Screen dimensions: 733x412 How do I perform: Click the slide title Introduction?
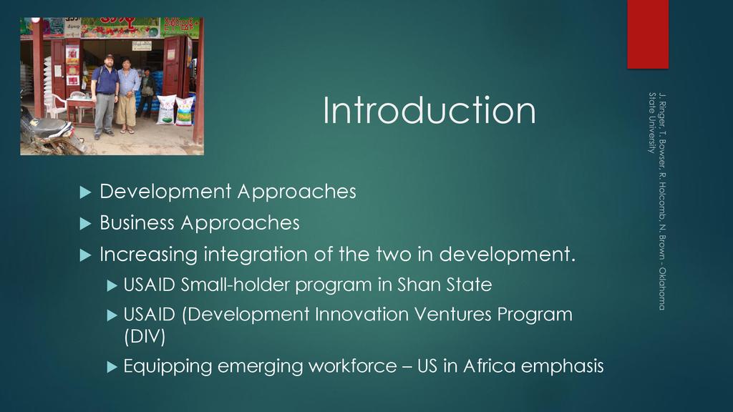pyautogui.click(x=429, y=110)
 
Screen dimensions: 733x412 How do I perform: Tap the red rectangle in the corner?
pyautogui.click(x=647, y=34)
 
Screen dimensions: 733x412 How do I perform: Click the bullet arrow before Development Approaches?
pyautogui.click(x=85, y=192)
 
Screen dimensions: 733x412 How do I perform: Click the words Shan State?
pyautogui.click(x=445, y=285)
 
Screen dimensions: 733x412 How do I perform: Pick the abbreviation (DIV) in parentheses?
pyautogui.click(x=145, y=336)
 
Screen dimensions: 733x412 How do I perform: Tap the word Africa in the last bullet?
pyautogui.click(x=489, y=366)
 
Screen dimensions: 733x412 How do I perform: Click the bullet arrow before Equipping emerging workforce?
pyautogui.click(x=112, y=367)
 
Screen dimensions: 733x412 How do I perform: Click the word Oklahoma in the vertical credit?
pyautogui.click(x=662, y=288)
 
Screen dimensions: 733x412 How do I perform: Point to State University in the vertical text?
pyautogui.click(x=651, y=123)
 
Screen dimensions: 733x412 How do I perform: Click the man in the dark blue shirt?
pyautogui.click(x=105, y=97)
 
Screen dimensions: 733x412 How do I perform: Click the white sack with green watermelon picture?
pyautogui.click(x=165, y=109)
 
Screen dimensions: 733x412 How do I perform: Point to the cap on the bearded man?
pyautogui.click(x=109, y=57)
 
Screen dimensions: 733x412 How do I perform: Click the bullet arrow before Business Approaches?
pyautogui.click(x=85, y=224)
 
